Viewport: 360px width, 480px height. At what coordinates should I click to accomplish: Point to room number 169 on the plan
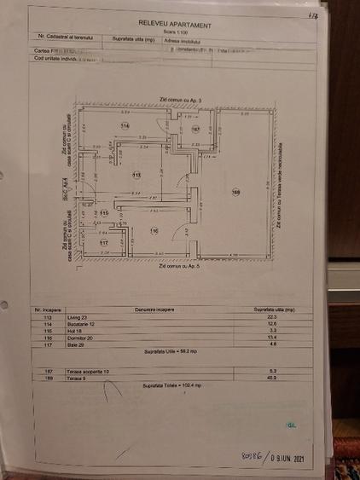(x=236, y=193)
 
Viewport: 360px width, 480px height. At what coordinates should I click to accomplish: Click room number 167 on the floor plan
(x=195, y=130)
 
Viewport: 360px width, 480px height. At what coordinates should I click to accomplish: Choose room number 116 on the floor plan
(x=154, y=231)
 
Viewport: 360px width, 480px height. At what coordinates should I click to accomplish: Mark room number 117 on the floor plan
(x=102, y=243)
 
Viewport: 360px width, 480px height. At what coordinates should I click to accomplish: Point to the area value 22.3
(x=274, y=317)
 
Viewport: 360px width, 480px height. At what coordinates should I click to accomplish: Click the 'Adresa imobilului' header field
(x=185, y=39)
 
